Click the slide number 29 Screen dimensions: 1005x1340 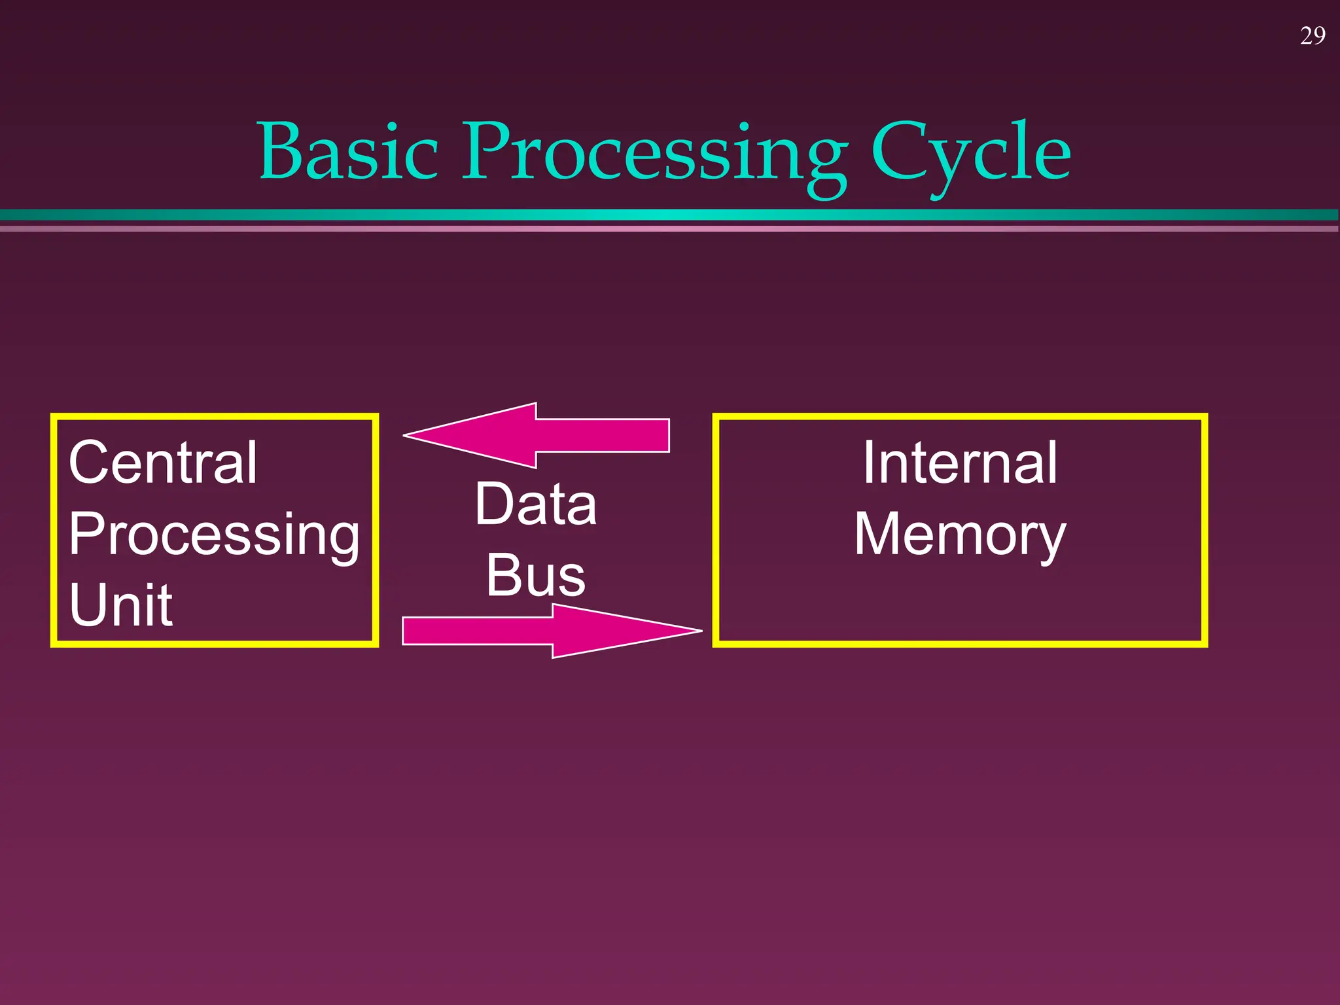1313,36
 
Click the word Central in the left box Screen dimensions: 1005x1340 163,463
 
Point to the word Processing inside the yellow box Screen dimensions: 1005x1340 214,535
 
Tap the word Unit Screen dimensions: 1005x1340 121,605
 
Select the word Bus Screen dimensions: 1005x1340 535,575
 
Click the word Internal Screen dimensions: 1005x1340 959,463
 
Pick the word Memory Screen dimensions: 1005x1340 959,535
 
